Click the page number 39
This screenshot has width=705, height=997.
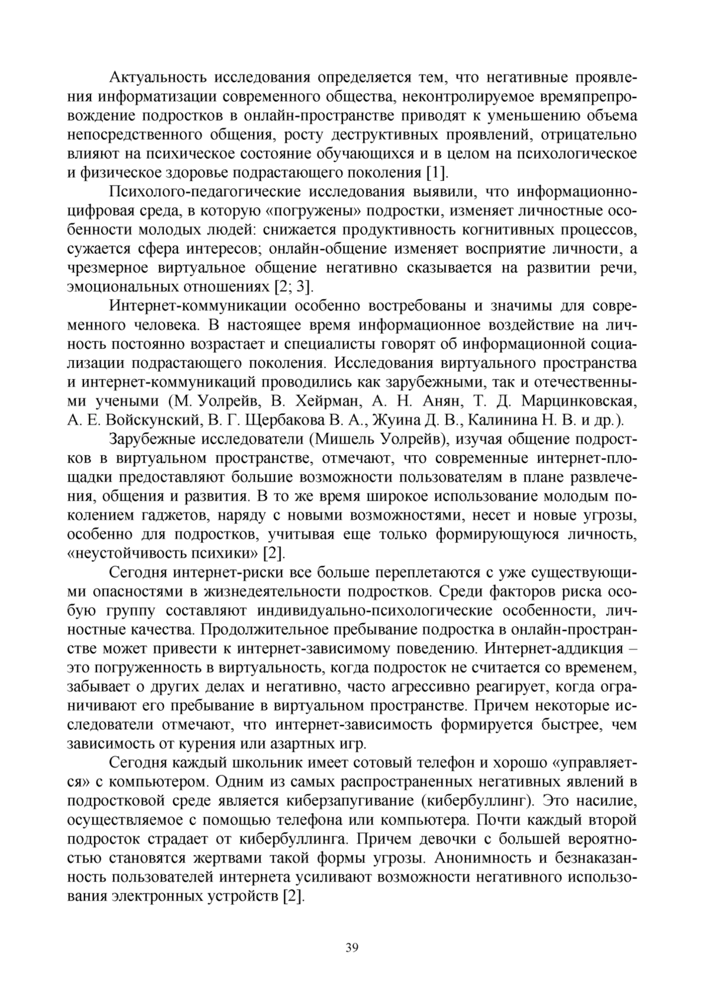pyautogui.click(x=352, y=947)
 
